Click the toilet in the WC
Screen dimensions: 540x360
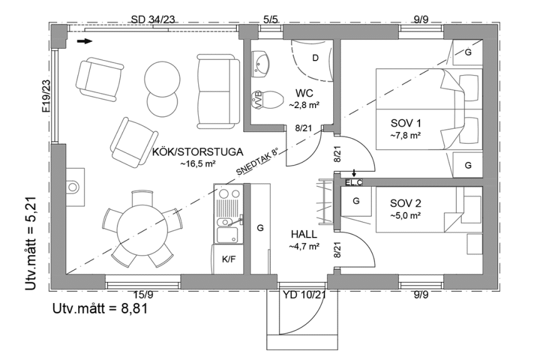[266, 100]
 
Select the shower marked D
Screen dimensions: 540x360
[312, 60]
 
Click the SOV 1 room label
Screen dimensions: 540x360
[406, 123]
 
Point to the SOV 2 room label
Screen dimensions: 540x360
[406, 203]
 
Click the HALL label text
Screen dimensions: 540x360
[304, 234]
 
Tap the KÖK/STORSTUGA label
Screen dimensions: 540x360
[197, 152]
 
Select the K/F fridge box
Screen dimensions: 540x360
[229, 259]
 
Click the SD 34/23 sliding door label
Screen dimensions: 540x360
[153, 19]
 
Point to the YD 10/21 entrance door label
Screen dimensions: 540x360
[304, 294]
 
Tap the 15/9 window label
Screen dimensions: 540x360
[143, 294]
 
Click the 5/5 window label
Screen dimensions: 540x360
[271, 19]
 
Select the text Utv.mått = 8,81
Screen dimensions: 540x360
[100, 308]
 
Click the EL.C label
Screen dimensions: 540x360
[354, 182]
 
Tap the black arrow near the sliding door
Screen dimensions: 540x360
[85, 41]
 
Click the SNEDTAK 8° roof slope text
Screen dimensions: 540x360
[257, 162]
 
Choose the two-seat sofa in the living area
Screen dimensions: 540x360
[218, 92]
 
